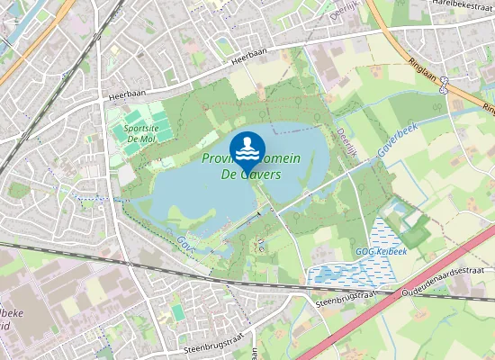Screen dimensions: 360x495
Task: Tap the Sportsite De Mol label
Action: (x=136, y=133)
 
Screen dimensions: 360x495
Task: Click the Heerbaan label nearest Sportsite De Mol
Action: (x=125, y=94)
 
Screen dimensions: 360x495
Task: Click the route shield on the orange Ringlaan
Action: (x=445, y=86)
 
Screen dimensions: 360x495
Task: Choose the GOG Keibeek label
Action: (x=382, y=251)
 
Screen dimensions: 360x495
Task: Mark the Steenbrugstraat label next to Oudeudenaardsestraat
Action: (x=346, y=298)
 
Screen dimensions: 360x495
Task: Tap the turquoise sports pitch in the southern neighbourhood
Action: (x=178, y=311)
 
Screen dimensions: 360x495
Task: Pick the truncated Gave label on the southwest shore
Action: (x=185, y=242)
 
